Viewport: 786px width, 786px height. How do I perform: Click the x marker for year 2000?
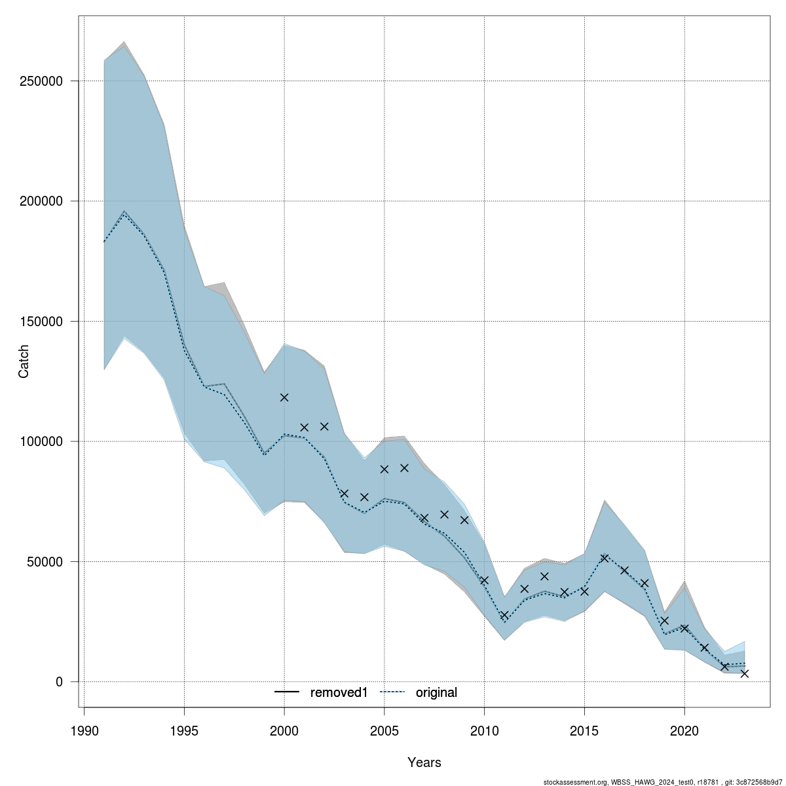click(284, 398)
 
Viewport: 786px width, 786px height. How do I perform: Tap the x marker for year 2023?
click(745, 673)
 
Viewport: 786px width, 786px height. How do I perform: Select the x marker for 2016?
click(605, 558)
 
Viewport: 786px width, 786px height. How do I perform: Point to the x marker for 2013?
click(544, 576)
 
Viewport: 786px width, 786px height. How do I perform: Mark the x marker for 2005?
click(384, 469)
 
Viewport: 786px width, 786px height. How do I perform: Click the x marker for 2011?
click(504, 615)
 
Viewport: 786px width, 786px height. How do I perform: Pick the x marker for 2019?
click(665, 620)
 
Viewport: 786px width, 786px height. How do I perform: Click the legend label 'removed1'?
click(338, 692)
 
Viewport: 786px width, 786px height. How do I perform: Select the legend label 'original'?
click(436, 692)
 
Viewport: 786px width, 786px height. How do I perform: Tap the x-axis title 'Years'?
click(424, 762)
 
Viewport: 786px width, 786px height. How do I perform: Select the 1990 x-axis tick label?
click(84, 730)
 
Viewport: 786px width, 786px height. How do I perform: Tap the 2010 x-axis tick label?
click(484, 730)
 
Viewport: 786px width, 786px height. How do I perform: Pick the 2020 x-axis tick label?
click(684, 730)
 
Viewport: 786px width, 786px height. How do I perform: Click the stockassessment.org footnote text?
click(663, 781)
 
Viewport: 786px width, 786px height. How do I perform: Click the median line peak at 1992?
click(124, 212)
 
